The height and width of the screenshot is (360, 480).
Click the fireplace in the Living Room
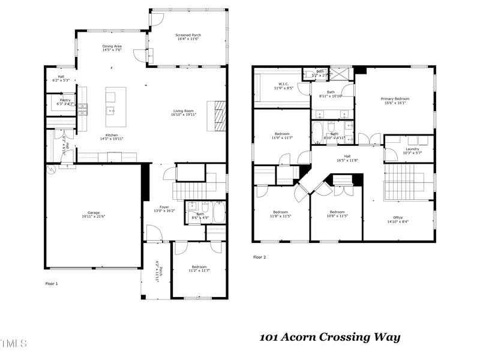click(217, 115)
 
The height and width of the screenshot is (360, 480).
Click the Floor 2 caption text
click(259, 257)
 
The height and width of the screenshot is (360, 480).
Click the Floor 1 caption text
click(52, 283)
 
